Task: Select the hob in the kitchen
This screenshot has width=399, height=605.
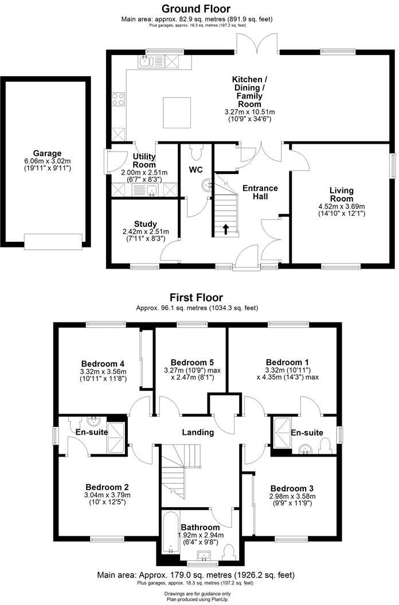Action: [x=118, y=100]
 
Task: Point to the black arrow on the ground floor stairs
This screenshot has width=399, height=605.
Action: [x=225, y=229]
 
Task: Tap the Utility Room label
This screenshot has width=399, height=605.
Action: [x=144, y=160]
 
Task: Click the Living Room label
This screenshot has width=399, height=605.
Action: [x=341, y=194]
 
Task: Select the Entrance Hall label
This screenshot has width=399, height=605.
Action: [x=260, y=192]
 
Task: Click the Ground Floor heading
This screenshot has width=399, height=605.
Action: [x=196, y=9]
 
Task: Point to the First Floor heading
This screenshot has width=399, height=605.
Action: [x=196, y=297]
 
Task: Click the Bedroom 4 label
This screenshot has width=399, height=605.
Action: [x=103, y=363]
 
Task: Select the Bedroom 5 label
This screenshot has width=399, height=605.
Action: [x=192, y=362]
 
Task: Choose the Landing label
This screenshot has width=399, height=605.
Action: [x=199, y=432]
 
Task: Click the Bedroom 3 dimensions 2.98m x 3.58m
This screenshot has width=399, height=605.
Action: [x=292, y=496]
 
